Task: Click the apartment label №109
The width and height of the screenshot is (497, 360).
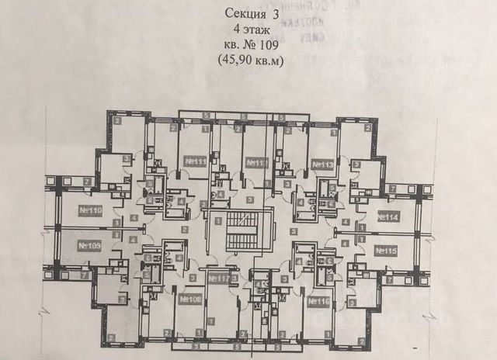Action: point(90,245)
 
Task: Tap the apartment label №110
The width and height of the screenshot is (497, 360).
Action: point(92,210)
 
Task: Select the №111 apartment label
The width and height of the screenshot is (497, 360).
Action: point(195,161)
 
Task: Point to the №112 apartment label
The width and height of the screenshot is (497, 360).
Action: point(257,162)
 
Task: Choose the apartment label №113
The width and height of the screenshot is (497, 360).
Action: point(322,164)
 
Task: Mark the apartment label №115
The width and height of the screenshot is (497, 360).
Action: point(386,250)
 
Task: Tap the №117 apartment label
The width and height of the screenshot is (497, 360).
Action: point(219,278)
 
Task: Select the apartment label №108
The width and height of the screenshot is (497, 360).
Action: point(190,299)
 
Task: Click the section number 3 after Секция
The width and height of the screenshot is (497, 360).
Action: point(274,13)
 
